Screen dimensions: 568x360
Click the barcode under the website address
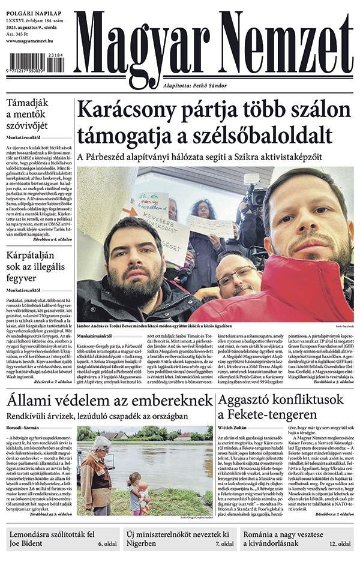coord(35,62)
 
